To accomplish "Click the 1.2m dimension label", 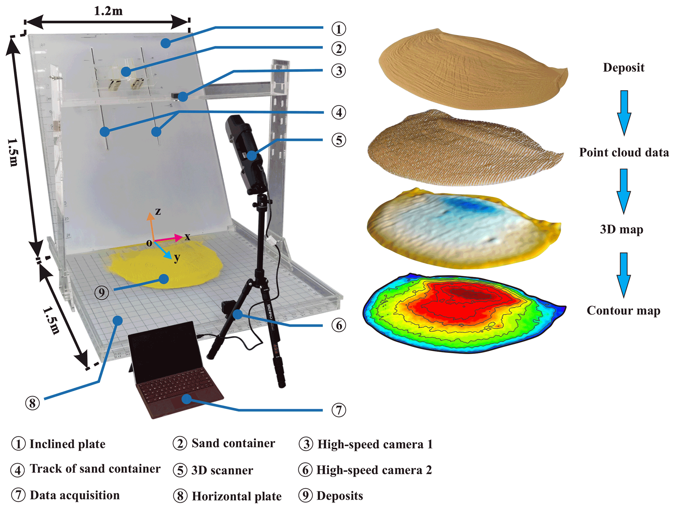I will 108,11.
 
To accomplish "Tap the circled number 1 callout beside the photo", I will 338,29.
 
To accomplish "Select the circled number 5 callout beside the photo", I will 338,140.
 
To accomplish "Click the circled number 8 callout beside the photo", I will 32,403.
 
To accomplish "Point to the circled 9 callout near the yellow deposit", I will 102,292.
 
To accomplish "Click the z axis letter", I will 158,211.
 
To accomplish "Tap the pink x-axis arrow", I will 168,239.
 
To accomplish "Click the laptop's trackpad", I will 189,402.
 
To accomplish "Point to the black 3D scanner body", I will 247,150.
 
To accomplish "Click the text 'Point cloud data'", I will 624,153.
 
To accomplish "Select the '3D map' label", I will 621,229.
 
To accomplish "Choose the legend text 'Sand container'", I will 233,443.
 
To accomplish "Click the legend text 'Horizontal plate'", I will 236,496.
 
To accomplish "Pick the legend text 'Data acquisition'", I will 75,495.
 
